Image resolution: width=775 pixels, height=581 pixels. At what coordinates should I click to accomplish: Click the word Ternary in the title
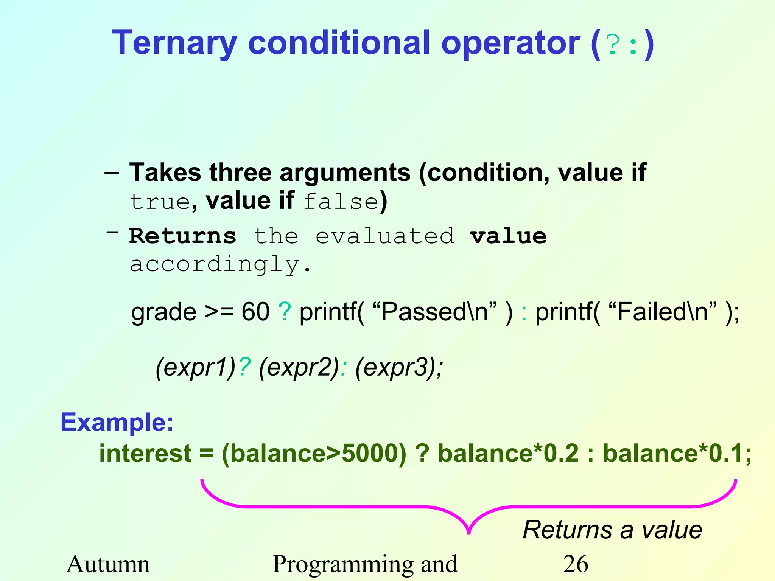tap(174, 43)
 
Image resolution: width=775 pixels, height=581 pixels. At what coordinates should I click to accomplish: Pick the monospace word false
tap(341, 202)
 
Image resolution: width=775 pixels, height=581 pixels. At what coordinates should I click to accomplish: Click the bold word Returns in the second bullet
tap(182, 236)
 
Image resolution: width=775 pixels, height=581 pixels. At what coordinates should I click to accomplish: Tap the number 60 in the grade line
tap(255, 312)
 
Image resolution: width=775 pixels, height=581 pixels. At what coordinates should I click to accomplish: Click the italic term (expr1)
tap(196, 367)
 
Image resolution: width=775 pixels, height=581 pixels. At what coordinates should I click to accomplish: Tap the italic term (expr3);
tap(399, 367)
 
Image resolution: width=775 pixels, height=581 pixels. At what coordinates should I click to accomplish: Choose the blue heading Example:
tap(117, 422)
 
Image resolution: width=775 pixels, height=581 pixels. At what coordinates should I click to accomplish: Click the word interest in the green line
tap(145, 453)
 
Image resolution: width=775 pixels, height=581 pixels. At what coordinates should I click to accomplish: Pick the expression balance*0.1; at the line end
tap(677, 453)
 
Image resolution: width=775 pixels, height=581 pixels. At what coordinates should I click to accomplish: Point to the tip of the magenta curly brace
tap(469, 533)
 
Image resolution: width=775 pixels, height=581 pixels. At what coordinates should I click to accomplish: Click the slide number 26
tap(576, 564)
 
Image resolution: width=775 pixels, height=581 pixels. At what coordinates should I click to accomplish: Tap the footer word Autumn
tap(108, 564)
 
